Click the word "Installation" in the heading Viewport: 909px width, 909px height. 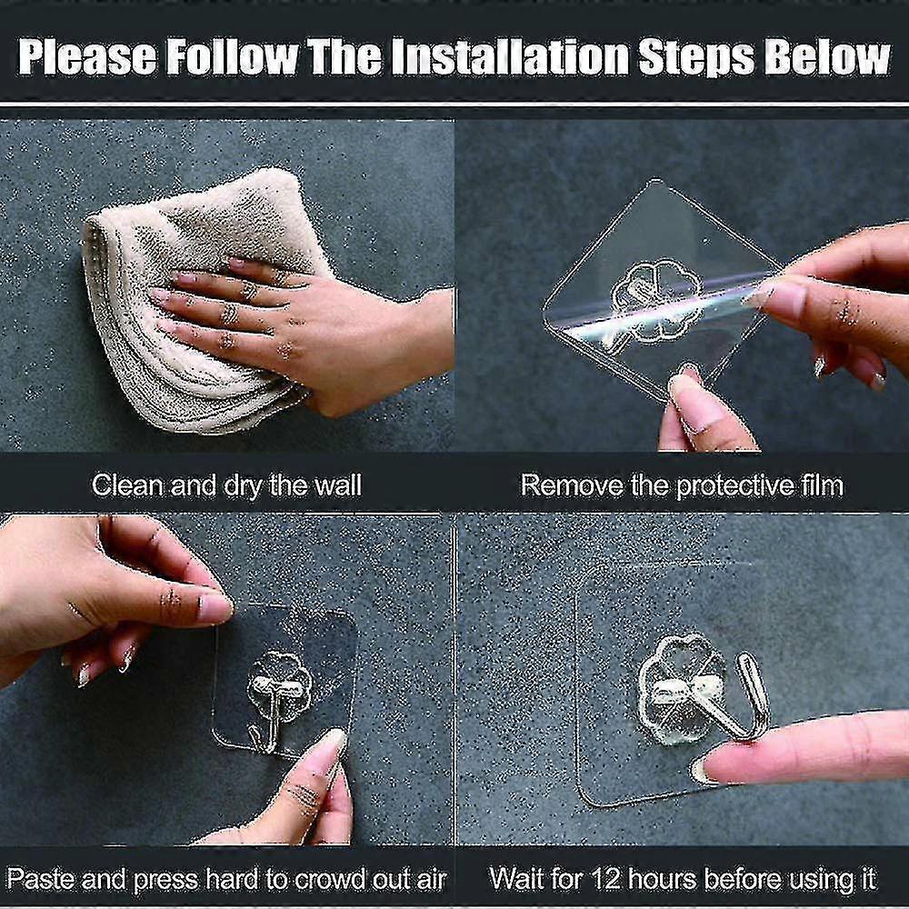511,58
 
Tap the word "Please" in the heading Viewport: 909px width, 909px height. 87,58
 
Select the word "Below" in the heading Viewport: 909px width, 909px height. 827,58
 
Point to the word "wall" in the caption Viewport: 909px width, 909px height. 338,485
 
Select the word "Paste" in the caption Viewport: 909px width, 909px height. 41,879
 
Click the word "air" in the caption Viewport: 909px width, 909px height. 430,879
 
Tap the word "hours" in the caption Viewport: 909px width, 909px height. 662,879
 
